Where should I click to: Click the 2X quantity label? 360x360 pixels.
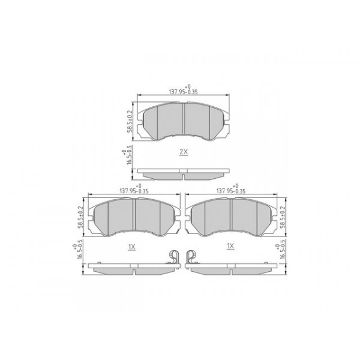(184, 152)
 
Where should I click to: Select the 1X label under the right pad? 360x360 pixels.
(230, 247)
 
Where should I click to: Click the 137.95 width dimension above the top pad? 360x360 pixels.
(183, 91)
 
